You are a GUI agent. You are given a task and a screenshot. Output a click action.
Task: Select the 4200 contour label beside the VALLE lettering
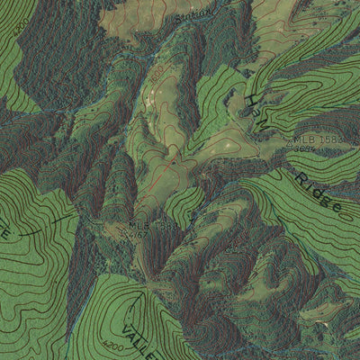[112, 345]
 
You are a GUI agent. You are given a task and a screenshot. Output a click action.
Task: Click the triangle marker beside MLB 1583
[289, 142]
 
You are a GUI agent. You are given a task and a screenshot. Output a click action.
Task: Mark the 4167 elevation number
[140, 234]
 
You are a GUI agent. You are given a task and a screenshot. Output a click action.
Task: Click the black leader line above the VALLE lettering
[130, 292]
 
